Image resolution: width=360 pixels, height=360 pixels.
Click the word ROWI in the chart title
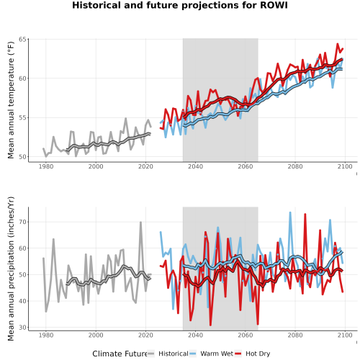(x=274, y=5)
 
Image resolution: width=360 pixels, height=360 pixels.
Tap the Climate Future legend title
(x=120, y=354)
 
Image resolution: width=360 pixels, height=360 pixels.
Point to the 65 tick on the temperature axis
(x=22, y=39)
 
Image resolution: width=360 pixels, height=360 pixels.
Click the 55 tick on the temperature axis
(x=22, y=117)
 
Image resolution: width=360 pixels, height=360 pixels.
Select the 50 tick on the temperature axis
(x=22, y=157)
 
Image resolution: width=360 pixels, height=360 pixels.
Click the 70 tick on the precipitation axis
(x=22, y=222)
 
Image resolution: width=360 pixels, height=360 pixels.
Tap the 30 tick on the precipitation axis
(x=22, y=328)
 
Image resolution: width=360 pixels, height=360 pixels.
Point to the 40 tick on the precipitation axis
(x=22, y=301)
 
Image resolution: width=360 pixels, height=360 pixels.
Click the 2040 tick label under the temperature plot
(x=195, y=166)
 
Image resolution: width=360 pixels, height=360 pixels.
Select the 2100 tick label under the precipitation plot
(x=345, y=335)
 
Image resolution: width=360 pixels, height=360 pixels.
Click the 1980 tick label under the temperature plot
(x=46, y=166)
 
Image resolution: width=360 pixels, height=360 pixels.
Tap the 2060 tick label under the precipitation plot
(x=246, y=335)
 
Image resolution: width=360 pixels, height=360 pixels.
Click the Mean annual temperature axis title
(x=11, y=100)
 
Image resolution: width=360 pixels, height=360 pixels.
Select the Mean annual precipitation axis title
(x=11, y=269)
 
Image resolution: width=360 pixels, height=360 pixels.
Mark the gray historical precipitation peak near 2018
(x=140, y=222)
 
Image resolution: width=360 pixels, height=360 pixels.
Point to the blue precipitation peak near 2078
(x=290, y=212)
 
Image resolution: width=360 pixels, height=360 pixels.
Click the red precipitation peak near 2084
(x=305, y=214)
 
